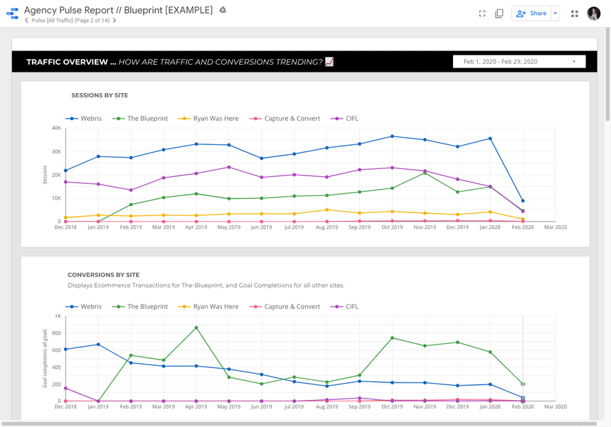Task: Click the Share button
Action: pos(532,13)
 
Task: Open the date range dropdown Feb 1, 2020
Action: pos(519,62)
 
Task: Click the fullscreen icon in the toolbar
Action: pos(482,13)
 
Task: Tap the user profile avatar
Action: pos(593,13)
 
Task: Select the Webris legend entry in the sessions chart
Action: pos(85,119)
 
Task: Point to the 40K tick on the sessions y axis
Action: pos(56,128)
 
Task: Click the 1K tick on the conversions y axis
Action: pos(58,316)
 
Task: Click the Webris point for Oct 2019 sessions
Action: pos(392,136)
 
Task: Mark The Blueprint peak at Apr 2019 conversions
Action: pos(196,328)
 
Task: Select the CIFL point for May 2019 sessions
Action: pos(228,167)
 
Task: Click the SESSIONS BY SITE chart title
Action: pos(100,95)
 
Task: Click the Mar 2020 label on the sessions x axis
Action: pos(555,227)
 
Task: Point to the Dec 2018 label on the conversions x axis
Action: pos(65,407)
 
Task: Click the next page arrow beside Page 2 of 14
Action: pos(115,21)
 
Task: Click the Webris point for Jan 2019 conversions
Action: pos(98,345)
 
